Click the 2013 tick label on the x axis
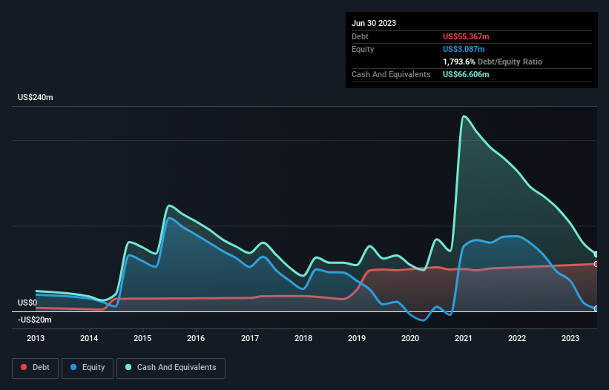[36, 338]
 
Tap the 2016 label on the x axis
[197, 338]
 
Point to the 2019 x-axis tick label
[358, 338]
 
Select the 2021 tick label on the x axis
[464, 338]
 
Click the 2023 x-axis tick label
[571, 338]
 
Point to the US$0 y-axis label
[27, 303]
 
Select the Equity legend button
[89, 367]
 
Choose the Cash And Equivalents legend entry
[171, 367]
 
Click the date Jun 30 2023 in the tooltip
[374, 23]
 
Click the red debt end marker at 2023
[596, 264]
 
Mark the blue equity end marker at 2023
[596, 308]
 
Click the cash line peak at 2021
[464, 116]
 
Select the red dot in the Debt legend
[24, 367]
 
